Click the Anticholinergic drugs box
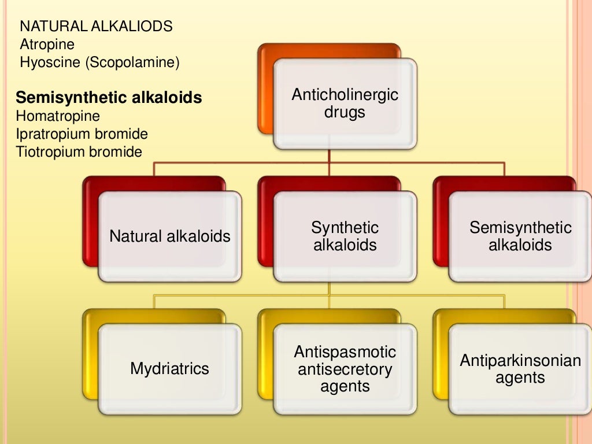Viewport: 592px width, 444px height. click(345, 104)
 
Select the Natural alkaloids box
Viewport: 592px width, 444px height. click(169, 236)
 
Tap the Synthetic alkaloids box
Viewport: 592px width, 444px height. click(345, 236)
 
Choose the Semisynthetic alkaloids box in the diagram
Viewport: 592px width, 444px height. click(520, 236)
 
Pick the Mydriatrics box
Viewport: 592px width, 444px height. click(169, 369)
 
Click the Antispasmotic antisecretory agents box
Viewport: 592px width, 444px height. click(345, 369)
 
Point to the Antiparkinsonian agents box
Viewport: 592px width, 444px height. click(520, 369)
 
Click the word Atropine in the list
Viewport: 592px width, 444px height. click(47, 44)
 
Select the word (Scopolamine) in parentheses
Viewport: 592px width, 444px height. click(132, 62)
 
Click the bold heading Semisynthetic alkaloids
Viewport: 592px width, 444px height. click(109, 98)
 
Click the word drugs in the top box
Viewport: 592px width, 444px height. click(345, 112)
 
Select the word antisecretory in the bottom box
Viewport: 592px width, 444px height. click(345, 369)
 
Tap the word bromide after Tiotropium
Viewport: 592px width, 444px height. click(116, 152)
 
